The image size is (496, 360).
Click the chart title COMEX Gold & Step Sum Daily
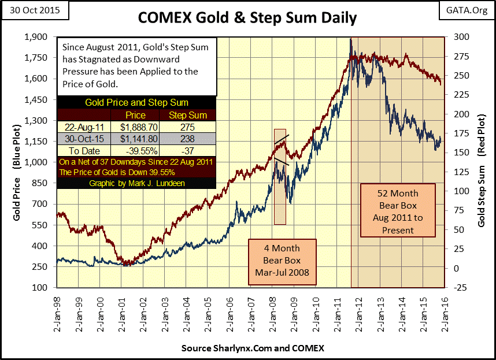tap(247, 18)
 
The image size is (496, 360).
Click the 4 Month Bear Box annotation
tap(283, 262)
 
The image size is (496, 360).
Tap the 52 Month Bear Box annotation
tap(398, 210)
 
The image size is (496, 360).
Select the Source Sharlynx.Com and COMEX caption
tap(253, 348)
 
